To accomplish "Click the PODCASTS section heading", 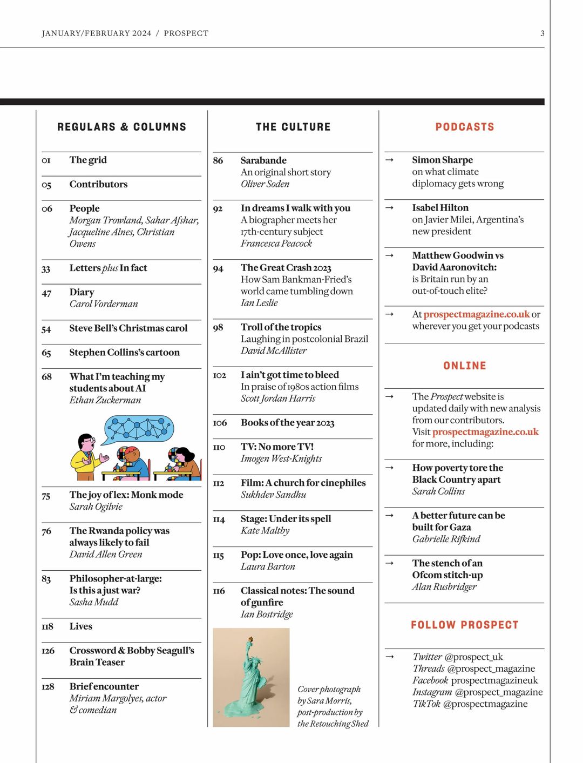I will [x=464, y=127].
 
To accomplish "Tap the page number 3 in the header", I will [x=542, y=33].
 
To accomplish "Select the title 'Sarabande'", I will [x=263, y=160].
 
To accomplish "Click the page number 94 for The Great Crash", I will [x=218, y=268].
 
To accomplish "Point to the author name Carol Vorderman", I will [x=104, y=304].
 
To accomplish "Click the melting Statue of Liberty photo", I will [x=251, y=677].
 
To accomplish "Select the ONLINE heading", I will [x=464, y=366].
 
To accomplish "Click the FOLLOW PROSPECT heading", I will [x=464, y=625].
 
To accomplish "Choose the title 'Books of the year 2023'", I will [x=287, y=423].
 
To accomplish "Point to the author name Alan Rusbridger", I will [x=444, y=587].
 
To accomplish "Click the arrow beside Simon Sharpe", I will [x=390, y=160].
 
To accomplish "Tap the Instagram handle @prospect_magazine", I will [x=499, y=692].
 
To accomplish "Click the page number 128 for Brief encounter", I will [x=48, y=687].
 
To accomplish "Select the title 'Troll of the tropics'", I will [x=281, y=327].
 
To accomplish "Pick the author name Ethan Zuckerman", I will [x=105, y=400].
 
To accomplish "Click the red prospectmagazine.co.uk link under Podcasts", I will [x=476, y=314].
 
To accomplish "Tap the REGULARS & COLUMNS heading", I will [x=121, y=127].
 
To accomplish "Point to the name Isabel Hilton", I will [x=440, y=208].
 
